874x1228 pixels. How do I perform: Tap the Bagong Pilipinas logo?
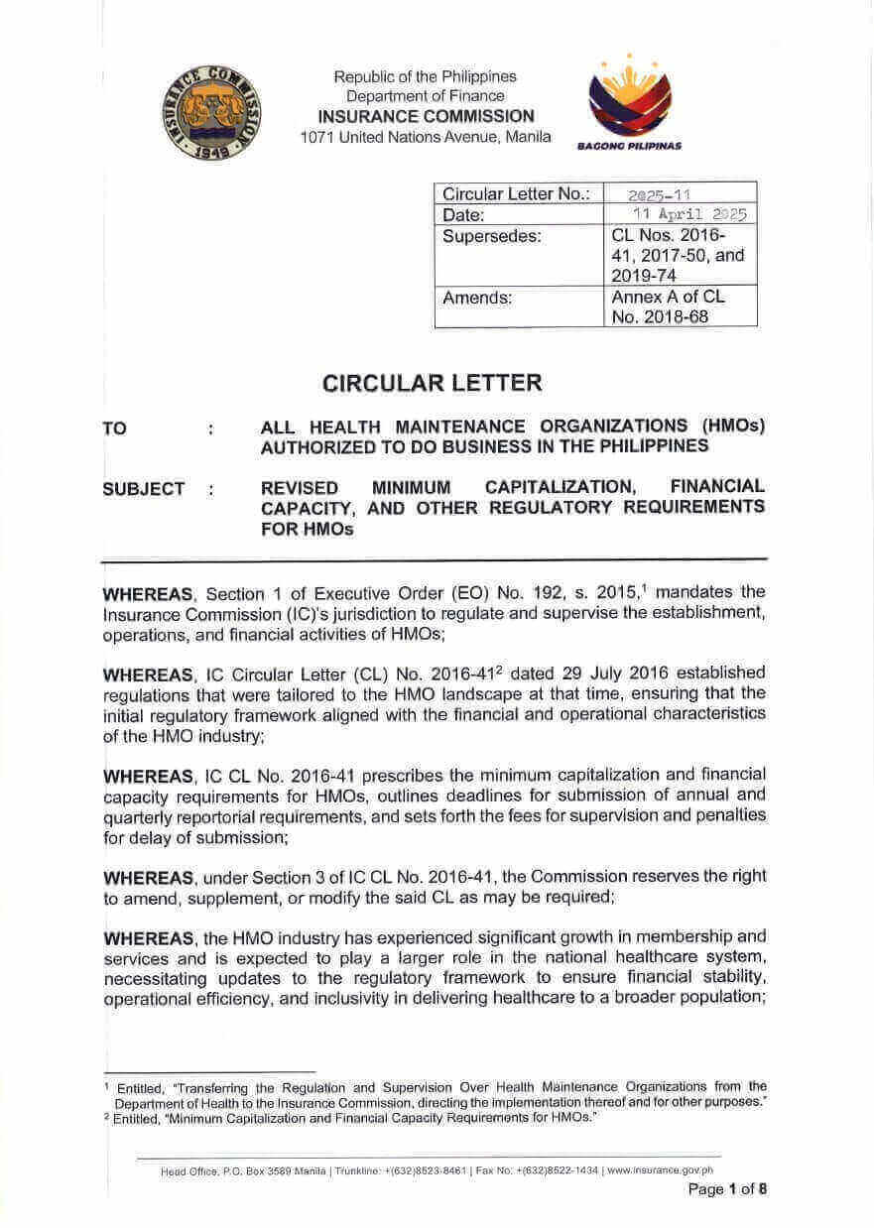(630, 101)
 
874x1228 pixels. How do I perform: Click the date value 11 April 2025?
(689, 214)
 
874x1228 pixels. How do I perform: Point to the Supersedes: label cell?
(492, 237)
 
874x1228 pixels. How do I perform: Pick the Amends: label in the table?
(477, 297)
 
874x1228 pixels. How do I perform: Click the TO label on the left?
(115, 429)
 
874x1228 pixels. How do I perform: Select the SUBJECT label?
(143, 488)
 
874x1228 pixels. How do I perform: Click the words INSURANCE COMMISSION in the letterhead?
(425, 116)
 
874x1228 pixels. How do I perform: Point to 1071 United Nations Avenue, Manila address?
(425, 137)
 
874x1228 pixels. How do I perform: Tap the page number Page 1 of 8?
(727, 1189)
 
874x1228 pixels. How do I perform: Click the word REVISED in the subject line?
(299, 487)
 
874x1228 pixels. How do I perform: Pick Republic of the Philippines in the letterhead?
(425, 76)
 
